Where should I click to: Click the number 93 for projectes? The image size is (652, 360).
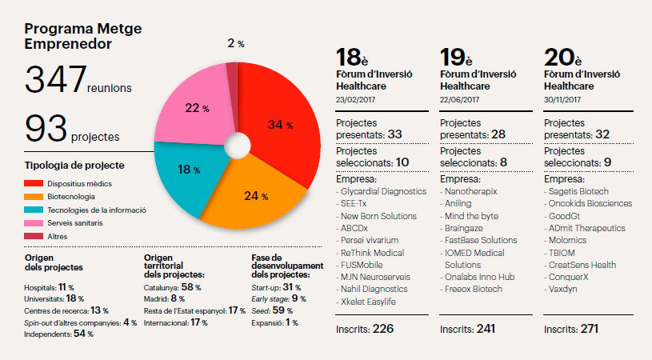coord(46,129)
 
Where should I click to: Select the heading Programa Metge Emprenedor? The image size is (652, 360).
coord(73,36)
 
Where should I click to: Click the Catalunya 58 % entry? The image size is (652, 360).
coord(172,286)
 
